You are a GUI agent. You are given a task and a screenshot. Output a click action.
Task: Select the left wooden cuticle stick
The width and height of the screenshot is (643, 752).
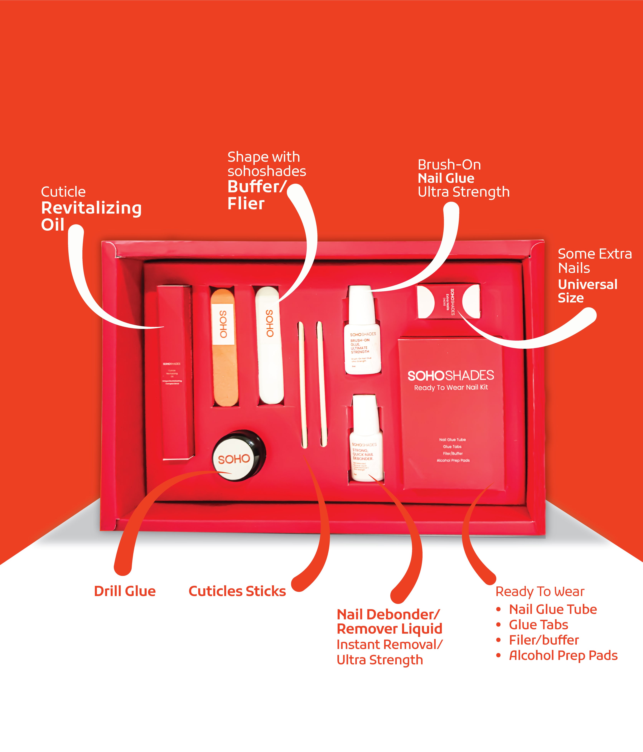[302, 385]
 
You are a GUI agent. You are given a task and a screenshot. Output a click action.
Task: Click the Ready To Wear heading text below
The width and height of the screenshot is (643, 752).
[540, 592]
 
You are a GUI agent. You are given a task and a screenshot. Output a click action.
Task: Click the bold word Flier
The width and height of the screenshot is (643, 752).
[246, 204]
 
